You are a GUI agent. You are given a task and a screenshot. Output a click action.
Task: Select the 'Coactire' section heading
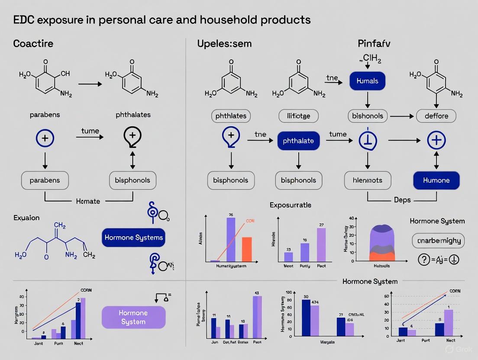[x=33, y=44]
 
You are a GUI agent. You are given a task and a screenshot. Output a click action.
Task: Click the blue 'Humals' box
[x=367, y=81]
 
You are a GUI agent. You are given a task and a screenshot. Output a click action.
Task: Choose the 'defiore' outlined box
[x=436, y=116]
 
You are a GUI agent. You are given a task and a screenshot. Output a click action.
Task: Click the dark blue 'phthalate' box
[x=298, y=141]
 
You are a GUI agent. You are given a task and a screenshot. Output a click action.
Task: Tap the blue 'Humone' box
[x=436, y=180]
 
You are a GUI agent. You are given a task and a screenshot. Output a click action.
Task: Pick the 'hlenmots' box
[x=368, y=180]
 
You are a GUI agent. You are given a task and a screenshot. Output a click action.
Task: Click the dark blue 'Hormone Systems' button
[x=133, y=238]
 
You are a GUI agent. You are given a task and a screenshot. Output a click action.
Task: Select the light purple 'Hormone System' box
[x=133, y=317]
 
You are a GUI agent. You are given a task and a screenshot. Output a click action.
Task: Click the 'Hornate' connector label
[x=88, y=201]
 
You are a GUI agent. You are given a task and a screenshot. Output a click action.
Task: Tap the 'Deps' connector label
[x=402, y=200]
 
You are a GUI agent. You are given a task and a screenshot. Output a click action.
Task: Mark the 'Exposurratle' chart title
[x=290, y=205]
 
